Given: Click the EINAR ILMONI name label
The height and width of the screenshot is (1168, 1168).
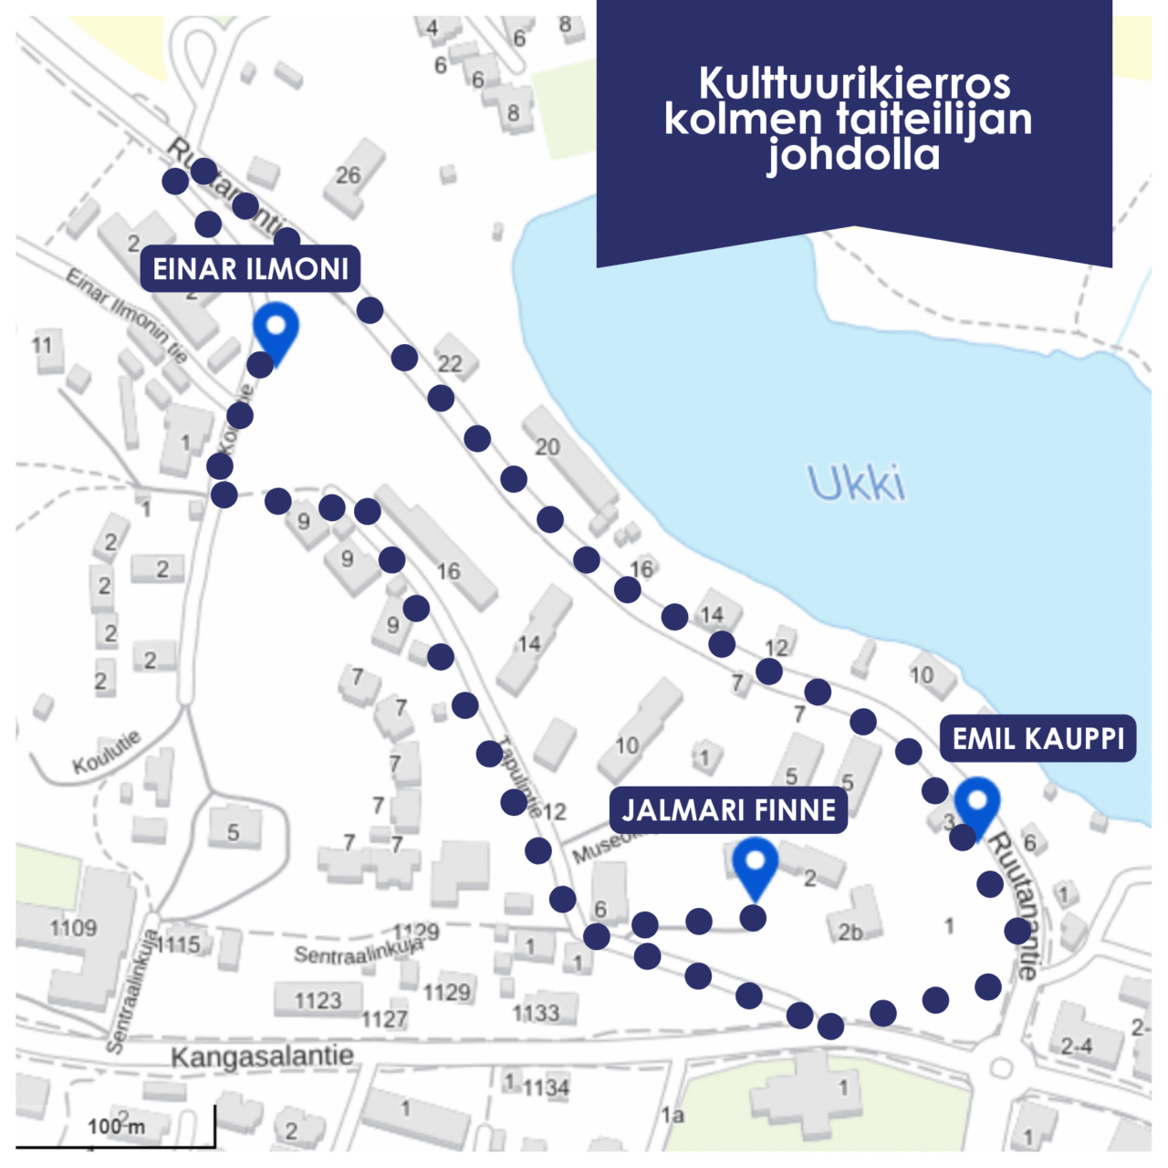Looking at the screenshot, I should pyautogui.click(x=250, y=269).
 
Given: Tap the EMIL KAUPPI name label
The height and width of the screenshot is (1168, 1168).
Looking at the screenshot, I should pyautogui.click(x=1038, y=738).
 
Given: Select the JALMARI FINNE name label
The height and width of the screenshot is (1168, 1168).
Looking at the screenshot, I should pyautogui.click(x=728, y=809).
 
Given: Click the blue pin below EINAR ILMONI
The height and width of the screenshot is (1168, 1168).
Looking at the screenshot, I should pyautogui.click(x=276, y=331).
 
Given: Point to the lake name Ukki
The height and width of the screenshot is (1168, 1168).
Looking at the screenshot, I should pyautogui.click(x=857, y=483).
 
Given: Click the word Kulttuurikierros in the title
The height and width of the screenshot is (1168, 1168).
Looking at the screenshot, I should pyautogui.click(x=854, y=83).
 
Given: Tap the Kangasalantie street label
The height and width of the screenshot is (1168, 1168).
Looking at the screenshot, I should pyautogui.click(x=263, y=1057).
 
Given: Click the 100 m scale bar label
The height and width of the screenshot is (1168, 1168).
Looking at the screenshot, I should pyautogui.click(x=116, y=1126).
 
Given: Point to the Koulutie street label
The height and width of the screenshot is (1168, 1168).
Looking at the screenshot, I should pyautogui.click(x=108, y=752).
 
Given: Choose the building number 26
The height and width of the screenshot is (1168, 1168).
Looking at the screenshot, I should pyautogui.click(x=349, y=175).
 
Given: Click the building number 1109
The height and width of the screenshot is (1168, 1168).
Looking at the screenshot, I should pyautogui.click(x=73, y=928).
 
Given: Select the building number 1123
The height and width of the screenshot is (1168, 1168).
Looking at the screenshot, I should pyautogui.click(x=318, y=1001).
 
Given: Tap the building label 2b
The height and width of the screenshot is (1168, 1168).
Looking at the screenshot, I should pyautogui.click(x=850, y=932).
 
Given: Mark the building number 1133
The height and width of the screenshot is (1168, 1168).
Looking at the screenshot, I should pyautogui.click(x=536, y=1012).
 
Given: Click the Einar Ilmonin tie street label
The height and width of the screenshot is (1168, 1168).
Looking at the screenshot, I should pyautogui.click(x=127, y=314).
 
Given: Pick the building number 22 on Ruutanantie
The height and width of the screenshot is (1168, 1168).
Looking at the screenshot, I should pyautogui.click(x=450, y=363).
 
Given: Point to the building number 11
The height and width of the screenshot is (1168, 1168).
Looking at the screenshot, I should pyautogui.click(x=42, y=345).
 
